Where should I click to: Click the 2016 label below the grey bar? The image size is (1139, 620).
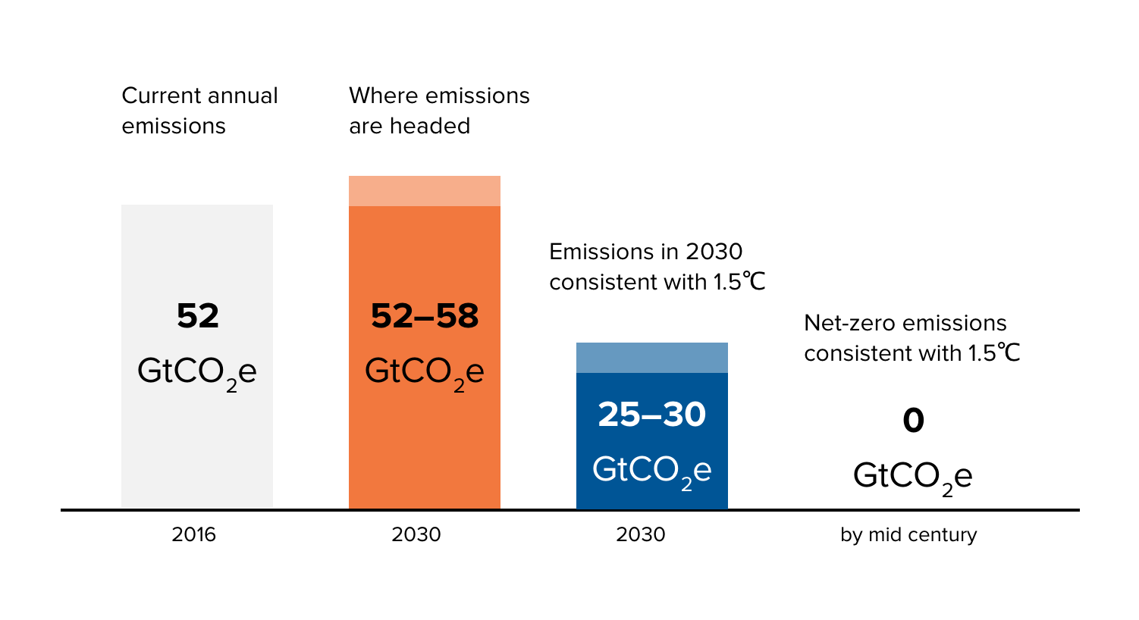tap(193, 534)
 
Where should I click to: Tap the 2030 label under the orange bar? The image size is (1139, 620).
tap(416, 534)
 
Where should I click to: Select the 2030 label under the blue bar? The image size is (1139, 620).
tap(640, 534)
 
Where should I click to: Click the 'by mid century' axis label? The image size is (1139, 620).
tap(908, 534)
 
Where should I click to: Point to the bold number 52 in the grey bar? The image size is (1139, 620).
tap(197, 316)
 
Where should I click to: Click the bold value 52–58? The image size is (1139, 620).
tap(425, 316)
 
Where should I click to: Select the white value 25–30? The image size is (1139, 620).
tap(651, 415)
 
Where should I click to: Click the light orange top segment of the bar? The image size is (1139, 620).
tap(425, 191)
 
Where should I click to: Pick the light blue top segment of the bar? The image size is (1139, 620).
tap(651, 358)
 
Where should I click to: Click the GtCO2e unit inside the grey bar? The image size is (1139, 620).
tap(196, 373)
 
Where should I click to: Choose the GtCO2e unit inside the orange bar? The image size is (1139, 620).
tap(424, 373)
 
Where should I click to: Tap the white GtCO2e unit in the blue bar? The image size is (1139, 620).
tap(651, 471)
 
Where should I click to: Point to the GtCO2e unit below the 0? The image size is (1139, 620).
tap(912, 478)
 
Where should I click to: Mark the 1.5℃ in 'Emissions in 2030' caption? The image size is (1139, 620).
tap(739, 282)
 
